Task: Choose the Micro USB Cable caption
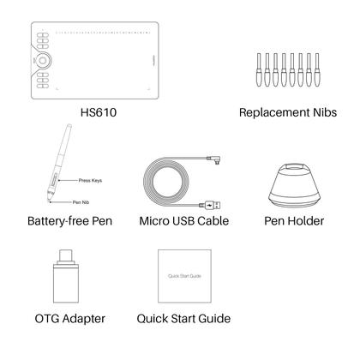(184, 221)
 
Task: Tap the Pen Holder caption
(293, 221)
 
